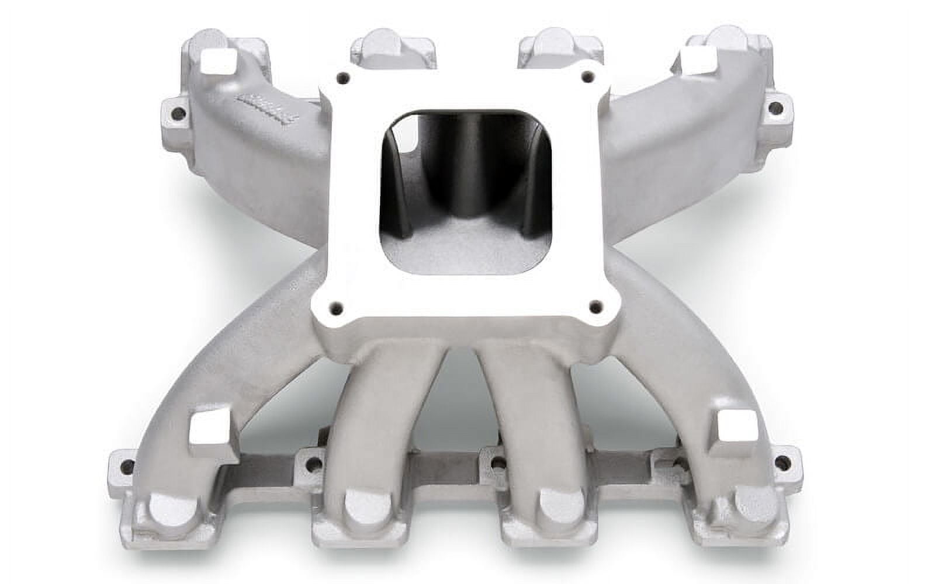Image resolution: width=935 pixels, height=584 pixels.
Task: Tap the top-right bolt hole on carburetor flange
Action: pos(588,75)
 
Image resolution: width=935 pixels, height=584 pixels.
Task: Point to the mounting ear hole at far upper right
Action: pos(774,107)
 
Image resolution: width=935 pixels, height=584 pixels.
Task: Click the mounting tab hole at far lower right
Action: pos(780,464)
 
